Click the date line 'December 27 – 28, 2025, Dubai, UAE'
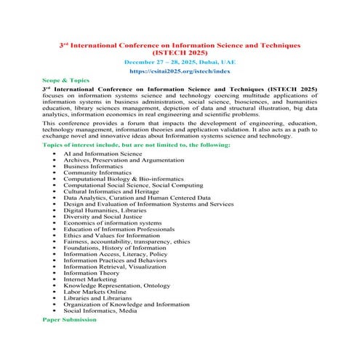click(180, 63)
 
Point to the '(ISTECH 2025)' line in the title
click(180, 54)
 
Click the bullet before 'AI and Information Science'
click(55, 153)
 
